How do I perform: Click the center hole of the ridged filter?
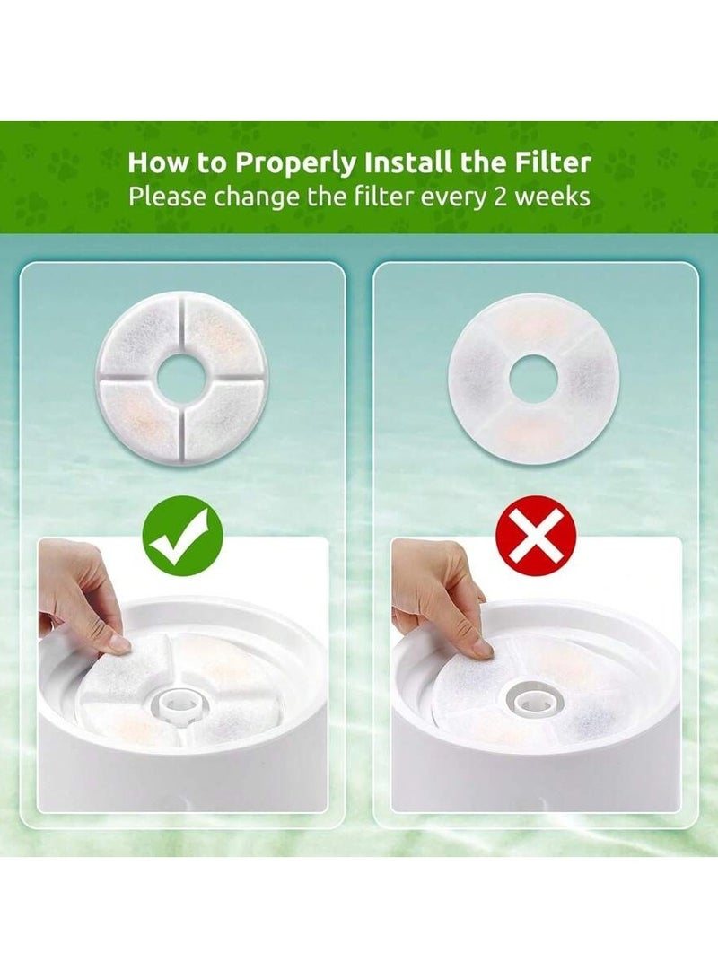182,380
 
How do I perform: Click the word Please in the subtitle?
165,196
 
